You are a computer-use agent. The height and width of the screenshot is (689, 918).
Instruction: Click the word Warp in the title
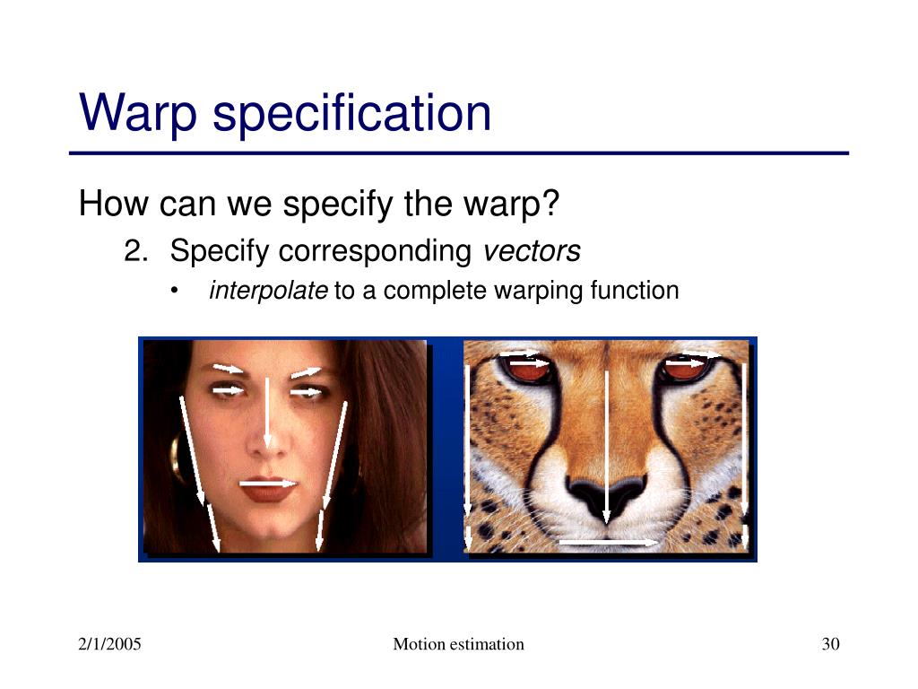coord(137,112)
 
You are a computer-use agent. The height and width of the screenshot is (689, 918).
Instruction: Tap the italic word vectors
coord(532,251)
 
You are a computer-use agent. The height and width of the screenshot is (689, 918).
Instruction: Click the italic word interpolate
coord(268,290)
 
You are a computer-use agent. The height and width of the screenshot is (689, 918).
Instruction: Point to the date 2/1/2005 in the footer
coord(109,644)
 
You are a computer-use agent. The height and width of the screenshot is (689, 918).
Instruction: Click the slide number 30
coord(831,644)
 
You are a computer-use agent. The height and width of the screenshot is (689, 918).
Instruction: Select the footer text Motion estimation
coord(458,644)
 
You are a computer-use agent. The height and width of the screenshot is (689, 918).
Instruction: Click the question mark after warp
coord(551,203)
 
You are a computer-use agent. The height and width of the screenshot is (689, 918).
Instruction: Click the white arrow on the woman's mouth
coord(269,484)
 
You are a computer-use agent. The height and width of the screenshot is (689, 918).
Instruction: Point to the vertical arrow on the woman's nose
coord(267,414)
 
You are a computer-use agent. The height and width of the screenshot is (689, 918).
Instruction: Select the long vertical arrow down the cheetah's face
coord(607,447)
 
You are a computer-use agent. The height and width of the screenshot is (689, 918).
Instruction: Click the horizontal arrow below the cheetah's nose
coord(609,543)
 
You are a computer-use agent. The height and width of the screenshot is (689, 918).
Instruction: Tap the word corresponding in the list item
coord(375,252)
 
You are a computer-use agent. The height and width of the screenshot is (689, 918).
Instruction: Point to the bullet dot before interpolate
coord(174,290)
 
